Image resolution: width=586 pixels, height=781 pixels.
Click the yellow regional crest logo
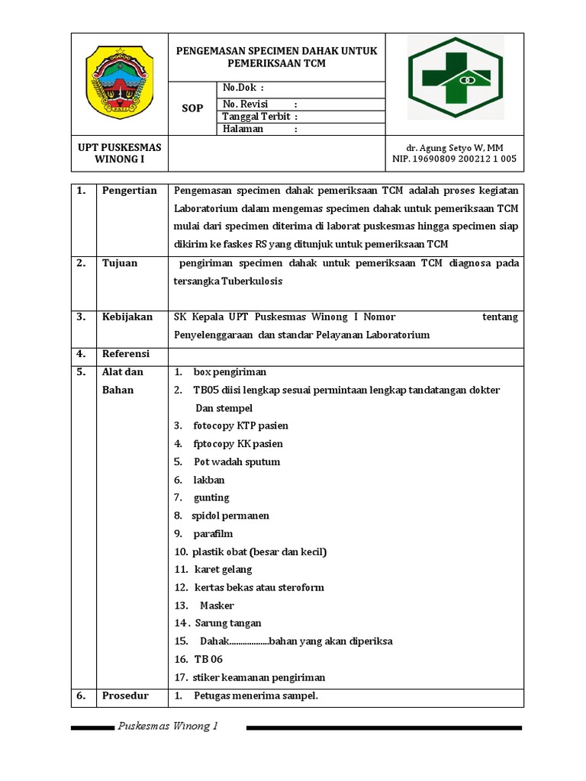pyautogui.click(x=119, y=83)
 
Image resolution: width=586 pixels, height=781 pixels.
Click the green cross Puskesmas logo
pyautogui.click(x=455, y=78)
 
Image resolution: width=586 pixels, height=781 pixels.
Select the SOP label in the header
pyautogui.click(x=192, y=108)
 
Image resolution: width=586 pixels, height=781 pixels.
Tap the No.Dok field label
pyautogui.click(x=243, y=88)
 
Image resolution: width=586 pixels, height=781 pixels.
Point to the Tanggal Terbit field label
pyautogui.click(x=259, y=117)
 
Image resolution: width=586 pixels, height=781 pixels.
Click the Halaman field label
pyautogui.click(x=243, y=129)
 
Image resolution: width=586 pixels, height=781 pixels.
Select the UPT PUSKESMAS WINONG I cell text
pyautogui.click(x=119, y=153)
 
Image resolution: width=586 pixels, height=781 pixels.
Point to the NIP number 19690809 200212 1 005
pyautogui.click(x=454, y=159)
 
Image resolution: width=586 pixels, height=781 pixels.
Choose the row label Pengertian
pyautogui.click(x=129, y=191)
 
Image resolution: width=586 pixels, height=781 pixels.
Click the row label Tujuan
pyautogui.click(x=120, y=263)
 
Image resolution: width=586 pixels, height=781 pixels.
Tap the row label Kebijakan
pyautogui.click(x=127, y=317)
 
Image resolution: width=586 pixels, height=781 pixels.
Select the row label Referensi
pyautogui.click(x=126, y=354)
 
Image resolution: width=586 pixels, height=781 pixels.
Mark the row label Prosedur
pyautogui.click(x=125, y=696)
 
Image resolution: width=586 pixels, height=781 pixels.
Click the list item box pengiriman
pyautogui.click(x=230, y=372)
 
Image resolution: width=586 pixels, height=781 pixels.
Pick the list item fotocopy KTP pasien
pyautogui.click(x=241, y=426)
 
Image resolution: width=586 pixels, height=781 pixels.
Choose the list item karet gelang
pyautogui.click(x=223, y=570)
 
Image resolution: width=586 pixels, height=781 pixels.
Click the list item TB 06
pyautogui.click(x=208, y=659)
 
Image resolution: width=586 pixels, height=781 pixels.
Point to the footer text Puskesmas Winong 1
pyautogui.click(x=168, y=726)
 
